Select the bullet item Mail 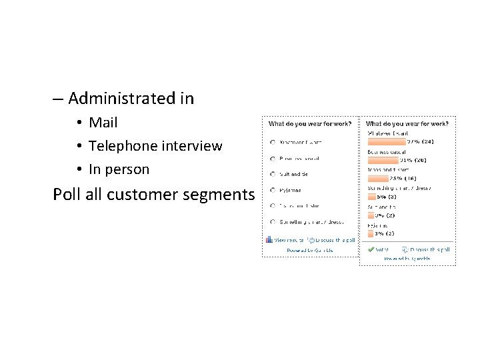pos(103,123)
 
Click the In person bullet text pos(119,169)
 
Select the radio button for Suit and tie pos(272,174)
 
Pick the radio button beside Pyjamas pos(272,190)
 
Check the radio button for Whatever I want pos(272,142)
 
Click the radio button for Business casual pos(272,158)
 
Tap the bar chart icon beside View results pos(269,239)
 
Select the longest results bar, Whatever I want pos(387,141)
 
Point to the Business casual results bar pos(383,160)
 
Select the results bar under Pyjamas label pos(370,233)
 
